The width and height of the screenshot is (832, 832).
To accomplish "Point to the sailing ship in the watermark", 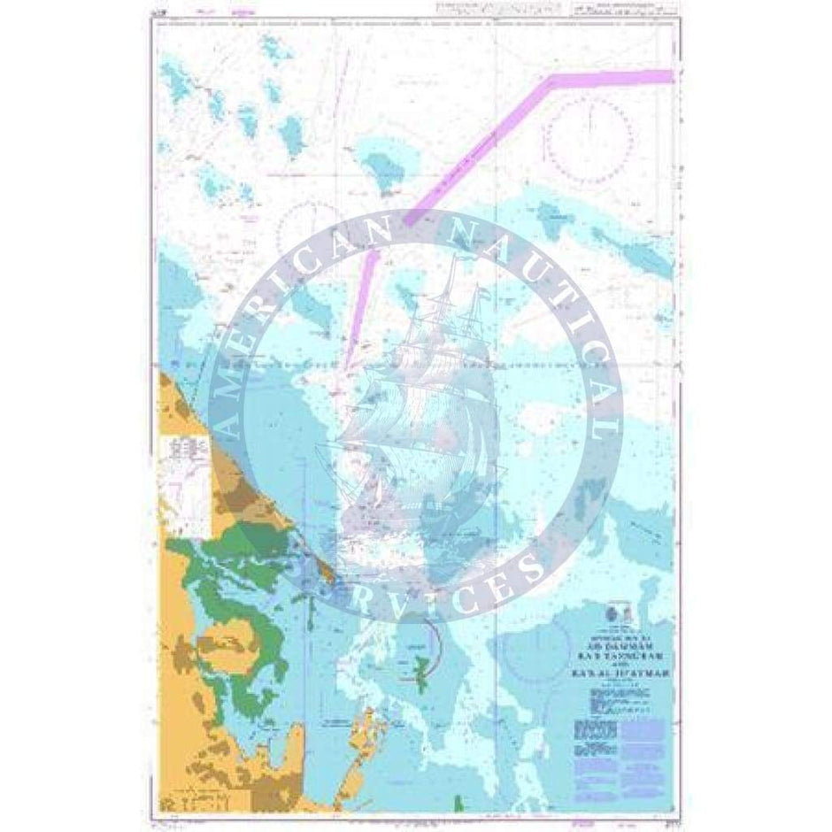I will [x=416, y=398].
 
